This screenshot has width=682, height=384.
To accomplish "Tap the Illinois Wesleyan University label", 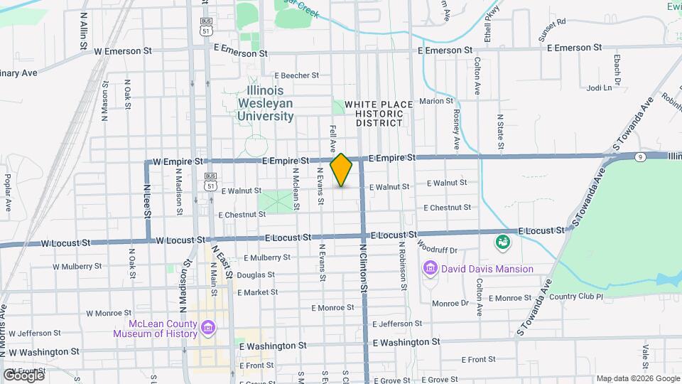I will coord(265,103).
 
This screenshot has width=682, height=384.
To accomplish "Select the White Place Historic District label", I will coord(378,114).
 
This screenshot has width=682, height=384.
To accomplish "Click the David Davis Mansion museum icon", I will coord(430,269).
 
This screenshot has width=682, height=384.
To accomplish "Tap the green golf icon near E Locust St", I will coord(503,242).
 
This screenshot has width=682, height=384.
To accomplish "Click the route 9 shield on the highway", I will coord(640,156).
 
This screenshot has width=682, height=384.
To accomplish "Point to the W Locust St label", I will coord(65,242).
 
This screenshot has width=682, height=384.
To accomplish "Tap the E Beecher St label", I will coord(303,75).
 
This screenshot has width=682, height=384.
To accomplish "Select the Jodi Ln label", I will coord(600,88).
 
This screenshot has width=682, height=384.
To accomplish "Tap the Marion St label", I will coord(435,102).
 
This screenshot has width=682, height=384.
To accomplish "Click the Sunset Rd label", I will coord(551,22).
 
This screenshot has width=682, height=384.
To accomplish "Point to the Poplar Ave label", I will coord(8,193).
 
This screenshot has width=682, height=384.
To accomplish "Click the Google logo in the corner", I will coord(23,375).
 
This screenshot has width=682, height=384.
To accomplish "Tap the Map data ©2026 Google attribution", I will coord(638,378).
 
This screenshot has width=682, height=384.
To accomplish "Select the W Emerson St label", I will coord(123,51).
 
